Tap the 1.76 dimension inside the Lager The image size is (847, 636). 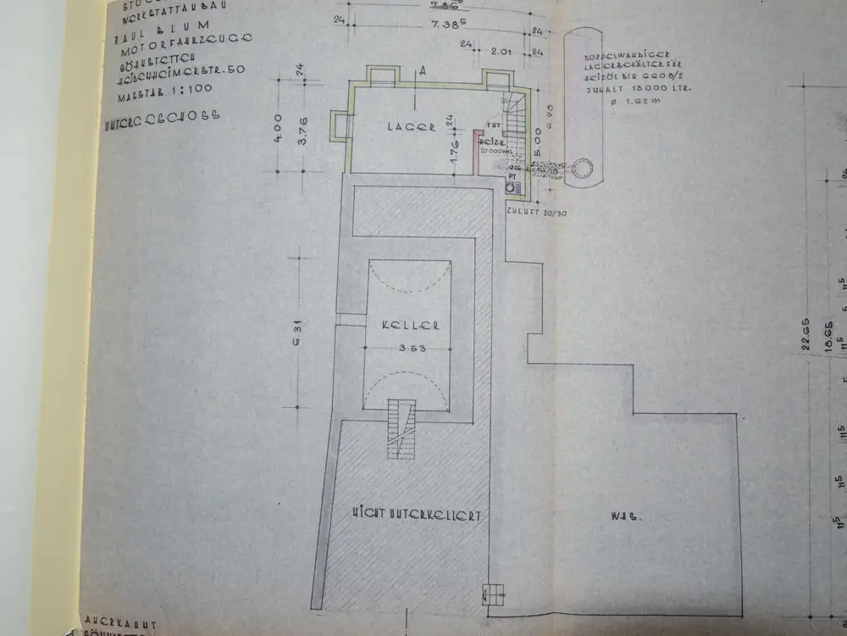point(454,154)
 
